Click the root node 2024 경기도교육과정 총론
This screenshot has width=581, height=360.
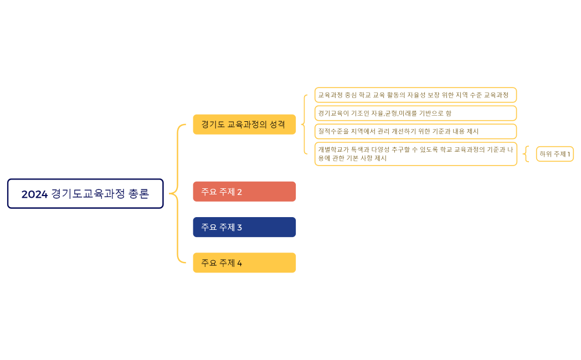pyautogui.click(x=85, y=194)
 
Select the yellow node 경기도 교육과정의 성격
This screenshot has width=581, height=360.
pyautogui.click(x=244, y=124)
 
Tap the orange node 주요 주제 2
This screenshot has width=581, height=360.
pyautogui.click(x=244, y=192)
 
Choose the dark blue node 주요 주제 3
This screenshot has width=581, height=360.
pyautogui.click(x=244, y=227)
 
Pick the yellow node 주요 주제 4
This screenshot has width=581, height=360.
pyautogui.click(x=244, y=263)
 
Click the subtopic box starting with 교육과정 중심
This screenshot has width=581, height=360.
pyautogui.click(x=415, y=95)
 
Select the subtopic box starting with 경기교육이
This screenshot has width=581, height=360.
pyautogui.click(x=415, y=113)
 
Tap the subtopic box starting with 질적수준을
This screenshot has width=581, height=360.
pyautogui.click(x=415, y=131)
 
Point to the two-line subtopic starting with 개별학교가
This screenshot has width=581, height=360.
pyautogui.click(x=415, y=154)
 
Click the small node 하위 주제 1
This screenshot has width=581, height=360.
pyautogui.click(x=554, y=154)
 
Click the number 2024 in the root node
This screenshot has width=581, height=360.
pyautogui.click(x=34, y=194)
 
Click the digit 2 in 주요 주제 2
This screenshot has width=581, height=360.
pyautogui.click(x=239, y=192)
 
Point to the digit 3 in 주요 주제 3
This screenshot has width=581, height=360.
pyautogui.click(x=239, y=228)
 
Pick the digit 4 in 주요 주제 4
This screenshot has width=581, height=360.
pyautogui.click(x=239, y=263)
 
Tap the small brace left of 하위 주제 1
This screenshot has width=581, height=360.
pyautogui.click(x=526, y=154)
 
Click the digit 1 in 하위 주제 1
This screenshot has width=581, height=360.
pyautogui.click(x=568, y=154)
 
